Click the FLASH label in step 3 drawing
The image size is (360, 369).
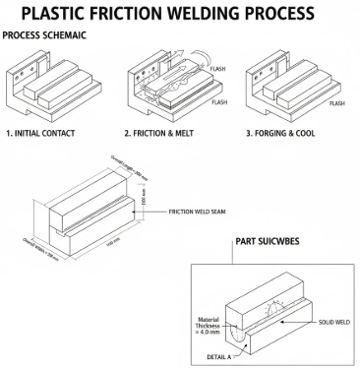click(336, 102)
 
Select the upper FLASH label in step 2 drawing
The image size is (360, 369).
click(219, 69)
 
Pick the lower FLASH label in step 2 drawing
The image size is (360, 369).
click(219, 102)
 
